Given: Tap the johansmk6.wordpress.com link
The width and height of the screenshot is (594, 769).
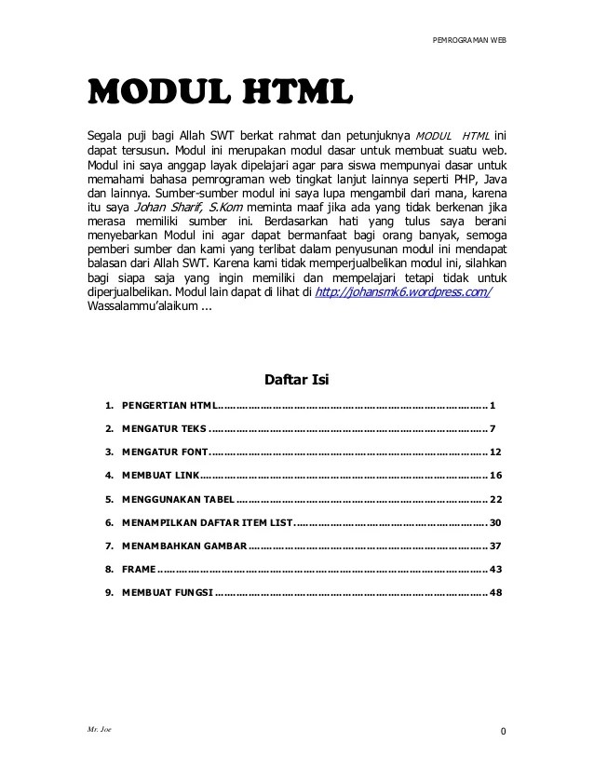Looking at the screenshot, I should [404, 293].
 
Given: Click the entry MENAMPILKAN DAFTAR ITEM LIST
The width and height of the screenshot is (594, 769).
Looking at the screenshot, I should [206, 522].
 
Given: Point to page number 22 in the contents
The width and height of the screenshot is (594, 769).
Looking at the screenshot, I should [495, 499].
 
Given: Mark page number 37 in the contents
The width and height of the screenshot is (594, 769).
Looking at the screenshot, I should [495, 546].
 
